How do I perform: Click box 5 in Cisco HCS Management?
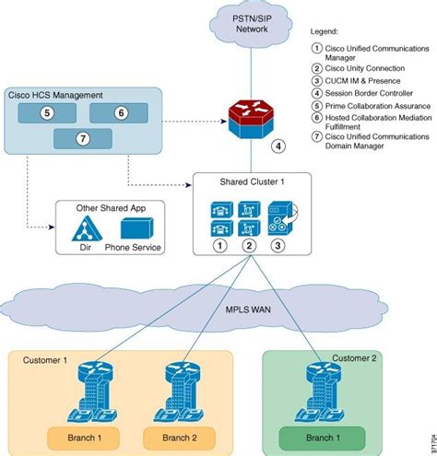pos(46,112)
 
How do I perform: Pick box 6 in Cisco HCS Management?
pos(120,112)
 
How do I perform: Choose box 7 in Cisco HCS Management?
pos(82,139)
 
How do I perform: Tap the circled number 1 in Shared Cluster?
pos(219,245)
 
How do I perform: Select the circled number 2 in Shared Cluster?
pos(247,245)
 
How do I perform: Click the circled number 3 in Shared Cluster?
pos(277,245)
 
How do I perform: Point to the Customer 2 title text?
pos(354,358)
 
